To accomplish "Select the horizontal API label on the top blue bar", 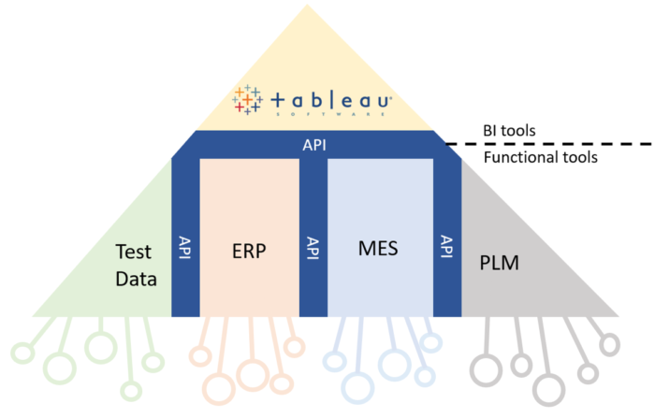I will (314, 145).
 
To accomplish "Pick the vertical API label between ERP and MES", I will (313, 249).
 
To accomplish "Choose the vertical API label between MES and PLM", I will (446, 249).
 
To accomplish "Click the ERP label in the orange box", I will (249, 251).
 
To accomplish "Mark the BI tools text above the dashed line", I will (509, 130).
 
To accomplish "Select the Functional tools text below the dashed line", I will (541, 158).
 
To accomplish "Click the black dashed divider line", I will (552, 144).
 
